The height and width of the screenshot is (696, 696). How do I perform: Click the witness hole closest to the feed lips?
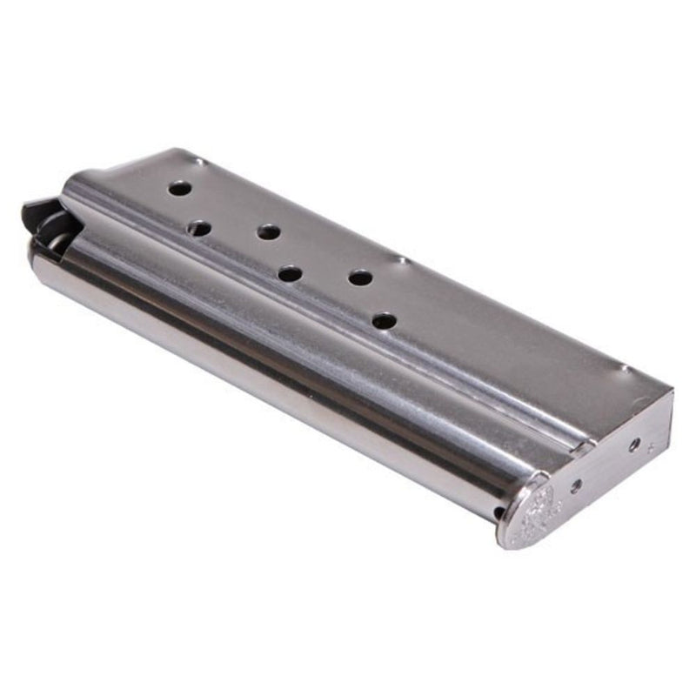click(179, 188)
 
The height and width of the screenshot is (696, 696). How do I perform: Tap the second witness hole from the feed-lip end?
click(199, 229)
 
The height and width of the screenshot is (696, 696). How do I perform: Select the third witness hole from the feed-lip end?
click(269, 232)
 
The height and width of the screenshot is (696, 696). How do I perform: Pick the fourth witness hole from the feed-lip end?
click(290, 274)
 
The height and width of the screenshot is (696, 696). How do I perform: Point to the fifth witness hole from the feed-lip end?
click(360, 278)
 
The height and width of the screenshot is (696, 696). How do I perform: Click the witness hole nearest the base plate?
click(384, 321)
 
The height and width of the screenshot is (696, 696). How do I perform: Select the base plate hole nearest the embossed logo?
click(575, 485)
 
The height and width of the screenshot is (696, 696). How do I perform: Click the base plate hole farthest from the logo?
click(634, 445)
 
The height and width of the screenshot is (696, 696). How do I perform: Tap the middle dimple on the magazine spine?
click(399, 259)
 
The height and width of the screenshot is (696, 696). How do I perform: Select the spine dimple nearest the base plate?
click(623, 368)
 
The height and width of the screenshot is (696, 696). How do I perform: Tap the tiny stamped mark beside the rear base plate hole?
click(652, 447)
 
